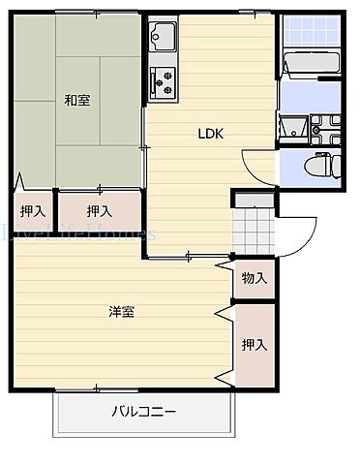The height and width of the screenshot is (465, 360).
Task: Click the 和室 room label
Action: [77, 100]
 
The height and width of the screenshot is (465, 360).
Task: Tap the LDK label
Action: [211, 134]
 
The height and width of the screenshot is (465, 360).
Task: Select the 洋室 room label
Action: [121, 312]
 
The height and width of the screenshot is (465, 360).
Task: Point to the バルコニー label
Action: [143, 412]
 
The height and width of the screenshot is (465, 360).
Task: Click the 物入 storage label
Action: [255, 278]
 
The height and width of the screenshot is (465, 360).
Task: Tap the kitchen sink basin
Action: [164, 36]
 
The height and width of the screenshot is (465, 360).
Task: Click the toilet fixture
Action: [323, 166]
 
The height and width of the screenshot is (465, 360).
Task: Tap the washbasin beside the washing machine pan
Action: [293, 128]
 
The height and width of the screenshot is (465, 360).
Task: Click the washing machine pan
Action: [326, 129]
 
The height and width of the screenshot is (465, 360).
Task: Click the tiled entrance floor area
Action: [254, 231]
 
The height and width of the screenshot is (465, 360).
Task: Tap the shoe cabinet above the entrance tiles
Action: [255, 201]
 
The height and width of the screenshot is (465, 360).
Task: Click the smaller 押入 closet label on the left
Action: [33, 211]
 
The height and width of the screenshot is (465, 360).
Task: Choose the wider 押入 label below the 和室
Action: [100, 211]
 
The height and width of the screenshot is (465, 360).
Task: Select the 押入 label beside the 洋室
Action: [255, 345]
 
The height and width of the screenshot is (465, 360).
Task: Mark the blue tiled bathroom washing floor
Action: [312, 31]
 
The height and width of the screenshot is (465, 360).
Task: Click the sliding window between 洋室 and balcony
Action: [97, 389]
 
